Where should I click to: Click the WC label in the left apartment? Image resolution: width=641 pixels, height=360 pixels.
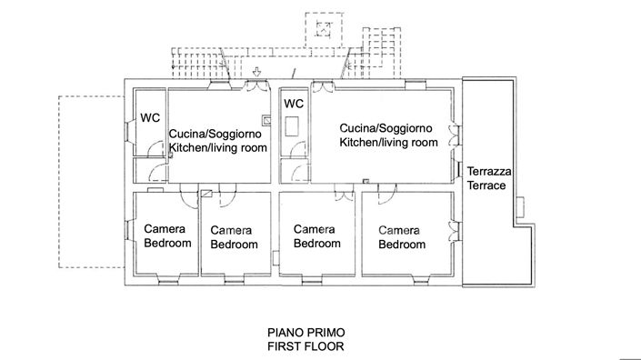pos(150,118)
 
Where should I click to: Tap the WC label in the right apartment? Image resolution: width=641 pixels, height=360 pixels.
pos(294,104)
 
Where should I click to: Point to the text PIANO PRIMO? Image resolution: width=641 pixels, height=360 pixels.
pos(305,333)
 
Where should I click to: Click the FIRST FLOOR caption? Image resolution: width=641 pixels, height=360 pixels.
pos(305,346)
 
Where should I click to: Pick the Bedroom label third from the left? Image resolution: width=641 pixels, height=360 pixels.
pos(316,244)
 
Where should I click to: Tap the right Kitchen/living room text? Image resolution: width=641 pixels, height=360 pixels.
pos(389,143)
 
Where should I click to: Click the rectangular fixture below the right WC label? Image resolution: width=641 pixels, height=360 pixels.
pos(293,126)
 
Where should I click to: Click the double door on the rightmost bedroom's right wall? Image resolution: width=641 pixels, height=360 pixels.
pos(454,233)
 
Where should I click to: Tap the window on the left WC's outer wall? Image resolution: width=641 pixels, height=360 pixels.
pos(127,142)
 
